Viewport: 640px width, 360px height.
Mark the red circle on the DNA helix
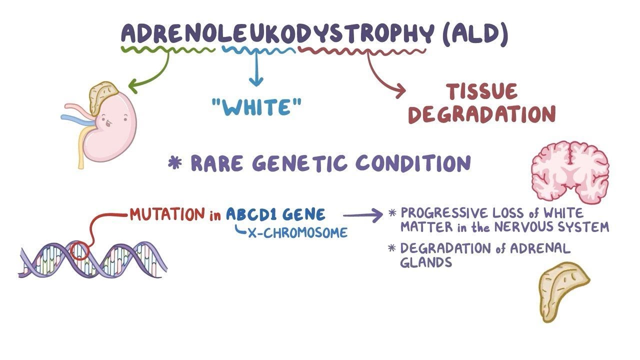click(79, 250)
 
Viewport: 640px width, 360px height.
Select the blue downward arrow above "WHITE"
click(256, 70)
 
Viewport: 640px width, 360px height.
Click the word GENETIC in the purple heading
click(301, 164)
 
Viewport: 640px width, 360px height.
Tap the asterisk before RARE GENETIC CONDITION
click(175, 163)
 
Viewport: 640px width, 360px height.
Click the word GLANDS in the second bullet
click(426, 262)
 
